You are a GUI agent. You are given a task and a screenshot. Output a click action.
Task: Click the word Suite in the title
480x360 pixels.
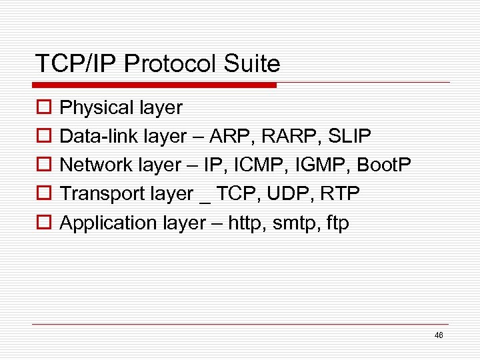254,65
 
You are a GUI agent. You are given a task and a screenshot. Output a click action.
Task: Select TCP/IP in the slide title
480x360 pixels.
77,65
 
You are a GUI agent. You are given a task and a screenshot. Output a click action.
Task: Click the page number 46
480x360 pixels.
439,335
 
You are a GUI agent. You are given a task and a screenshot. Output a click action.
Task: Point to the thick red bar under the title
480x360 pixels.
155,85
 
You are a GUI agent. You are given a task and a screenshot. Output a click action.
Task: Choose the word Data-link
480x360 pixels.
95,136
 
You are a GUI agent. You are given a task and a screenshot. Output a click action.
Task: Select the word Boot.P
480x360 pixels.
383,165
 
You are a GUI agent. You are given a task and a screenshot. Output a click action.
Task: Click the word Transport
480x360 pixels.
99,193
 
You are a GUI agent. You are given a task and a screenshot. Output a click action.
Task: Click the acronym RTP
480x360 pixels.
340,193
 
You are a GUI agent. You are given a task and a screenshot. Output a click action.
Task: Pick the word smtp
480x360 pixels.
293,223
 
